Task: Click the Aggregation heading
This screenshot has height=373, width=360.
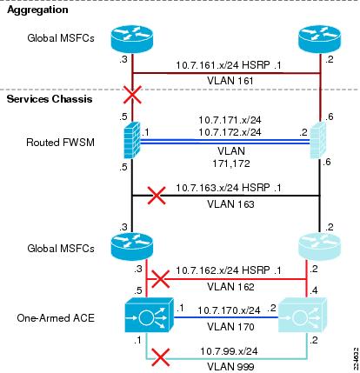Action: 37,10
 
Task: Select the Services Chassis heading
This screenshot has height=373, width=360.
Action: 50,99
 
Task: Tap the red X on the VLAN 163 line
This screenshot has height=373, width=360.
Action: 157,196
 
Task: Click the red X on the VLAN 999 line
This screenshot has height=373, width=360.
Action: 161,358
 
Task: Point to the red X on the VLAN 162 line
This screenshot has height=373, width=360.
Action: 161,279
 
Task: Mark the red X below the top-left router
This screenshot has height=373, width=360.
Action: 132,95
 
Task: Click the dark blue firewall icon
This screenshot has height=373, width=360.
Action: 132,140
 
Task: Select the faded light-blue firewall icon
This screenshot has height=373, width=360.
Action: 318,140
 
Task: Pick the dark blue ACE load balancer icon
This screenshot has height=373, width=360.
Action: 150,315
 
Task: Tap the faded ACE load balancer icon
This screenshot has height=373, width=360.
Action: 303,315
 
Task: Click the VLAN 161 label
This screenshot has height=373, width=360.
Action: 230,81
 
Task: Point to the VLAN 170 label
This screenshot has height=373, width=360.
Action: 230,327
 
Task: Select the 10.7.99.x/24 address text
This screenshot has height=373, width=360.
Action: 229,351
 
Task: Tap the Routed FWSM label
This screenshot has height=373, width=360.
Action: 61,143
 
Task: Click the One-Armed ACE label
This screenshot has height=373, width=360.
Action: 56,318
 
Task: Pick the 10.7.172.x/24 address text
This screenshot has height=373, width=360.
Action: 230,132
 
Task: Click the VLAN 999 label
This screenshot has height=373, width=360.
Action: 230,367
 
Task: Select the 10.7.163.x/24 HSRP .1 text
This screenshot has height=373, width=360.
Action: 229,188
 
